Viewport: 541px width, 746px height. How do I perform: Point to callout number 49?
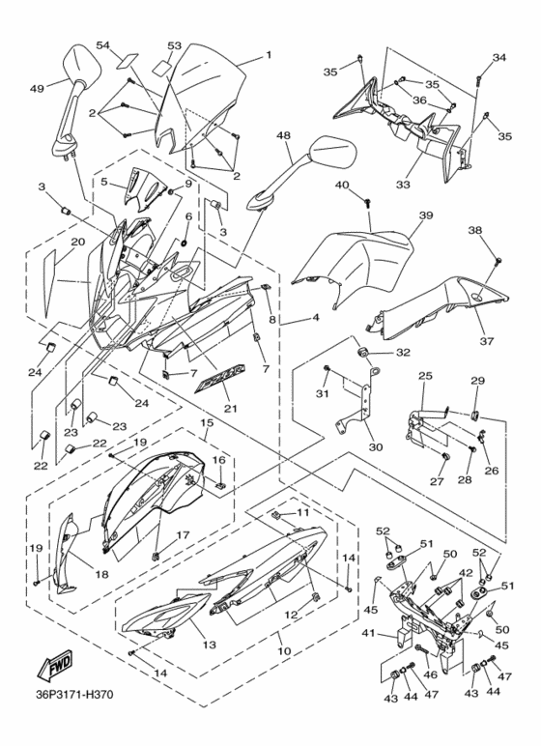point(38,89)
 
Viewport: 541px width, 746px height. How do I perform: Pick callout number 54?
point(103,46)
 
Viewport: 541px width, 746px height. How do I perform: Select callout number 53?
point(174,45)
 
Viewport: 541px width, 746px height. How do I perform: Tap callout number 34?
point(499,58)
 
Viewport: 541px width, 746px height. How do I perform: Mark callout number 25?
point(423,375)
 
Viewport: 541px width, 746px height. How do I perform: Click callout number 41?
point(366,634)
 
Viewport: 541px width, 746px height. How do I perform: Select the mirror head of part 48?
point(334,154)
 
